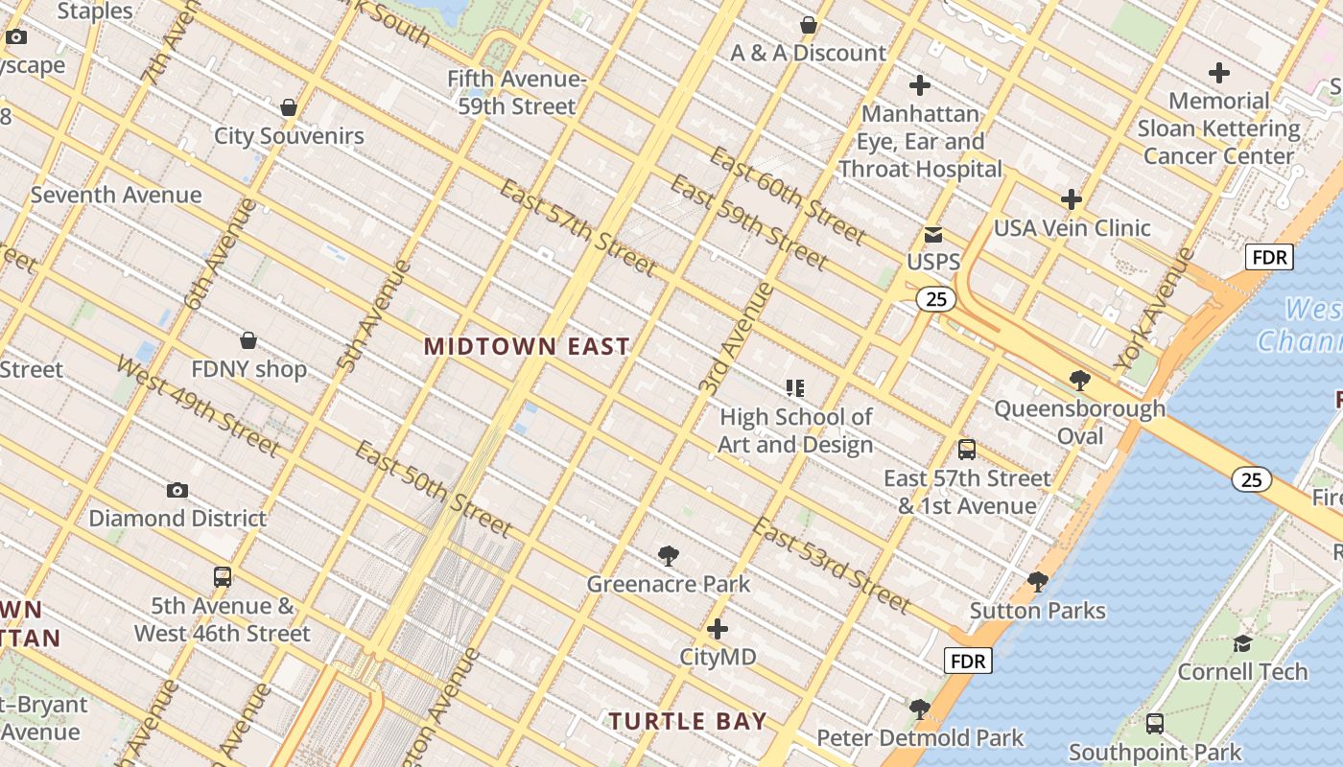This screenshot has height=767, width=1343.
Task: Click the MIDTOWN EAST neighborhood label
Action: click(527, 346)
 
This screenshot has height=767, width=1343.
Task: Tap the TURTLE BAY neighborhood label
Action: click(688, 721)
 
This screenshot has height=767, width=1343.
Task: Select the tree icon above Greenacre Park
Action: click(669, 556)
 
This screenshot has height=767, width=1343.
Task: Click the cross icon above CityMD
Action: click(718, 630)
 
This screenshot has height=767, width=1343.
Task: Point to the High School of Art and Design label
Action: click(795, 430)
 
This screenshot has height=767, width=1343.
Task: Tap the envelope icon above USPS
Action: click(932, 235)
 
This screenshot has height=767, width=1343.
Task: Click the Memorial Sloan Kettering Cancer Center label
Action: click(1218, 128)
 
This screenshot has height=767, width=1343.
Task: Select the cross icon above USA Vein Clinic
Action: click(1072, 199)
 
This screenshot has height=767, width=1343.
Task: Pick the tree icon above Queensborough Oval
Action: click(1079, 381)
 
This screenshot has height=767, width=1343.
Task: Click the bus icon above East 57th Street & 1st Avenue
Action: click(967, 450)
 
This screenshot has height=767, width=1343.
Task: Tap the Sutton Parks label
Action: click(1037, 611)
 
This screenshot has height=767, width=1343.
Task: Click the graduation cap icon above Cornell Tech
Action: click(1242, 643)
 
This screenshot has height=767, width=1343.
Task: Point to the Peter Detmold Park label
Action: click(920, 738)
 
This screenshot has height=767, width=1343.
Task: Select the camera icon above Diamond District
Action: click(177, 491)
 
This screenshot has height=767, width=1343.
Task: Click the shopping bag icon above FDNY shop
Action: click(248, 340)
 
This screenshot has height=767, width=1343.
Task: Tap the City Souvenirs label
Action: click(289, 135)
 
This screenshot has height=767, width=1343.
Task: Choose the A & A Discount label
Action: click(808, 53)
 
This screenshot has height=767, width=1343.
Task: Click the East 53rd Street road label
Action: click(830, 565)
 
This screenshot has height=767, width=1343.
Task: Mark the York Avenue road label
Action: click(1155, 310)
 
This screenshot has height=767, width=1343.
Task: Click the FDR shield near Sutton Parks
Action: click(968, 661)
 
